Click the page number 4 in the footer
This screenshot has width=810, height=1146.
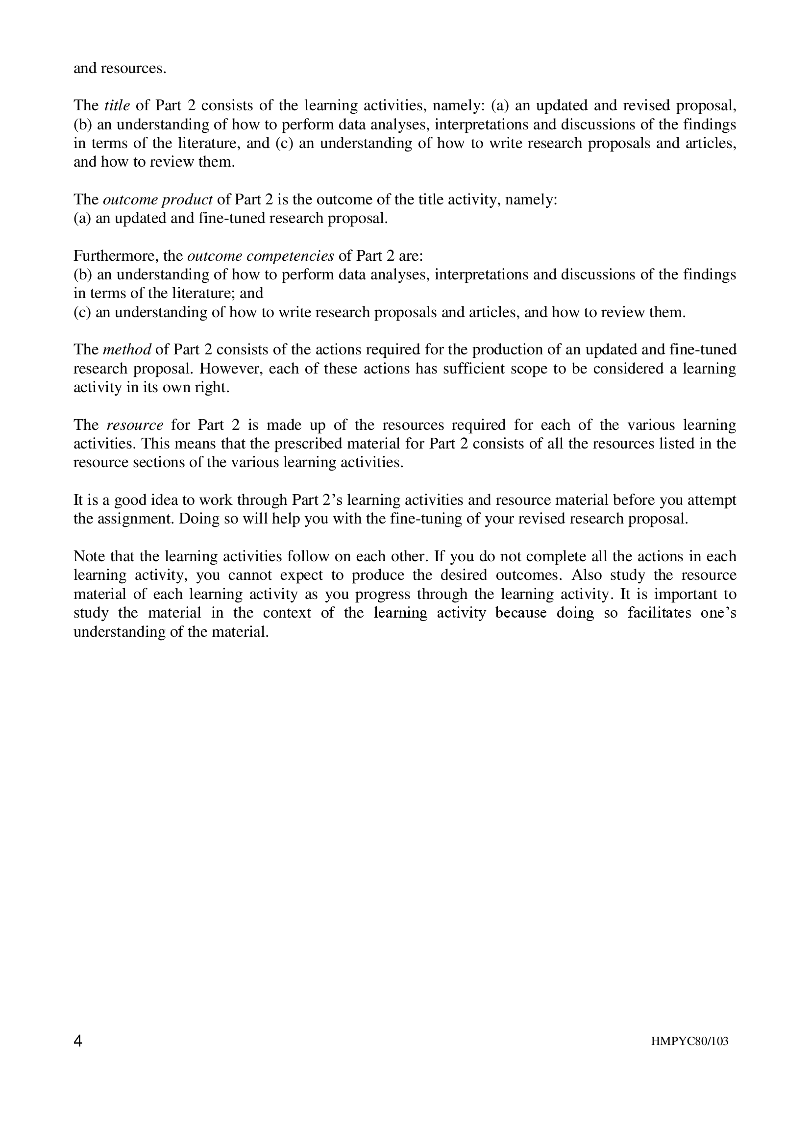click(x=78, y=1041)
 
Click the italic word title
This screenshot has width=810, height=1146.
click(x=117, y=105)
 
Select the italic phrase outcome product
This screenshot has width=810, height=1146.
click(x=158, y=199)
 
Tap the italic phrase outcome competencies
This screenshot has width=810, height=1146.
click(x=260, y=256)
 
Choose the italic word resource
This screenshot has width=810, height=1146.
click(x=135, y=425)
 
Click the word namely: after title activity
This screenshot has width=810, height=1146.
click(x=531, y=199)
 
